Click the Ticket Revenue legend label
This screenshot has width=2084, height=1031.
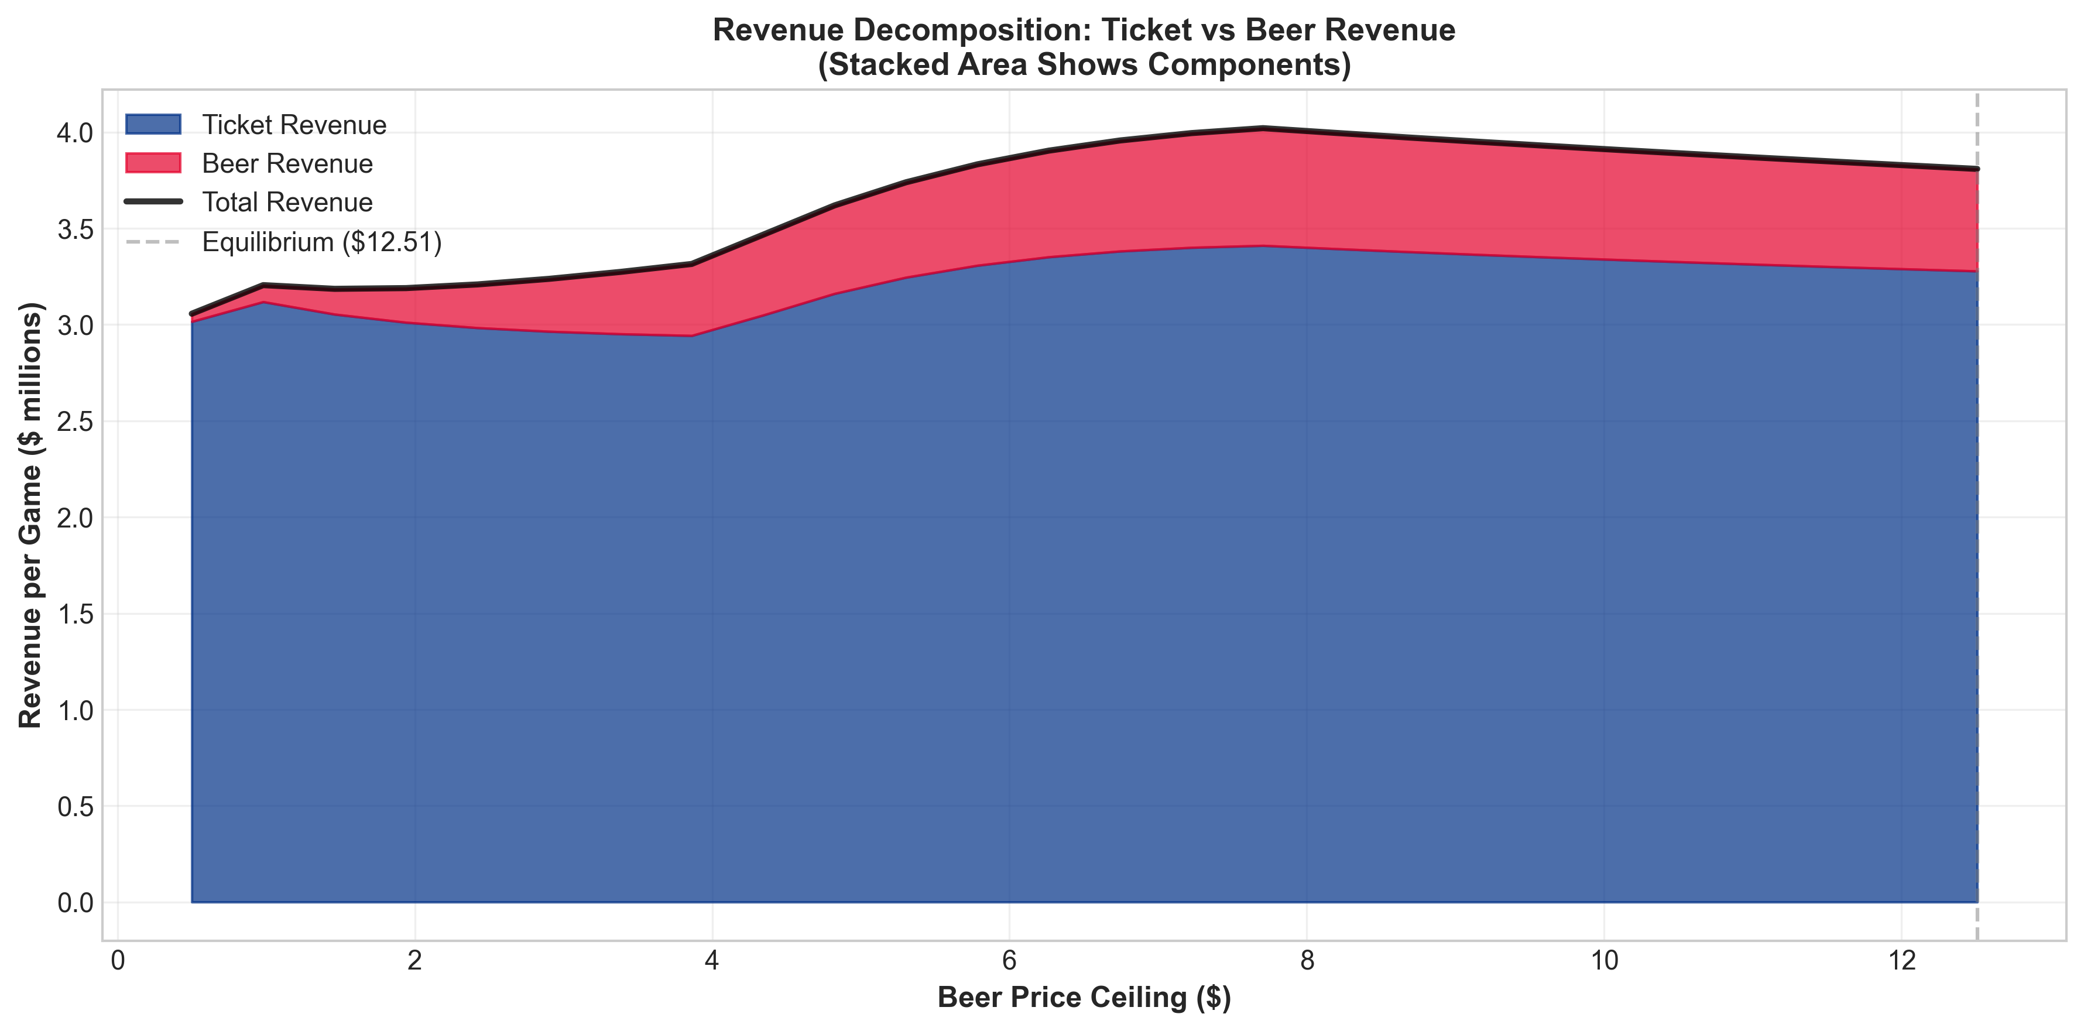tap(294, 125)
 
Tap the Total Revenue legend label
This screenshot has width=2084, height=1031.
tap(287, 203)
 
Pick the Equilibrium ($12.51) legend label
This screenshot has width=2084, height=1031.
tap(322, 242)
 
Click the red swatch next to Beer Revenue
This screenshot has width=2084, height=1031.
tap(153, 163)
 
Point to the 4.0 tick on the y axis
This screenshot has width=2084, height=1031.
tap(76, 133)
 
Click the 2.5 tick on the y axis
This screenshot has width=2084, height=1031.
tap(76, 422)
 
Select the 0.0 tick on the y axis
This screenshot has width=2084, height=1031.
tap(76, 902)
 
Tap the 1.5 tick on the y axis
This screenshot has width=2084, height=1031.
tap(76, 614)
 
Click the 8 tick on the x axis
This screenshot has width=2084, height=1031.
tap(1307, 961)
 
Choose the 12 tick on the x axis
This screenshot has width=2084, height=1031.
tap(1900, 961)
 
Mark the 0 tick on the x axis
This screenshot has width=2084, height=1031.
tap(118, 961)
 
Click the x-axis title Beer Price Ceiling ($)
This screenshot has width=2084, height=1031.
tap(1084, 997)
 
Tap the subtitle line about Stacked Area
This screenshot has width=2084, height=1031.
tap(1084, 65)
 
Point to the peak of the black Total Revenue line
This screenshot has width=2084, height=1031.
tap(1262, 128)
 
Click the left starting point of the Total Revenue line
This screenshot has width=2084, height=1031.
tap(192, 313)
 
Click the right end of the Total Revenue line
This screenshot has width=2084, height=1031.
tap(1976, 169)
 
